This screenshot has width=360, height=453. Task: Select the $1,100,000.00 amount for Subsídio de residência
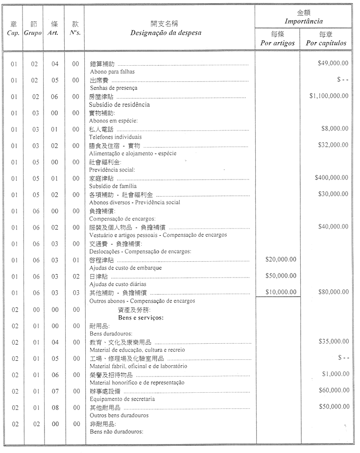pos(329,96)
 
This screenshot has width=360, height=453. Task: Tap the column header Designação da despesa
pos(166,33)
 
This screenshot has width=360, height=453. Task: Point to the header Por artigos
pos(277,43)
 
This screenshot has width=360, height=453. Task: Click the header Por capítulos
pos(326,43)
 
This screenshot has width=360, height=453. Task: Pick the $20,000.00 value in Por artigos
pos(281,259)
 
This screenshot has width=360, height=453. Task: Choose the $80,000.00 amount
pos(333,292)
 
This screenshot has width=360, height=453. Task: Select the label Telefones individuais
pos(116,137)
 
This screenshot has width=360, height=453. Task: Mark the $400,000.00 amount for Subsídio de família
pos(332,177)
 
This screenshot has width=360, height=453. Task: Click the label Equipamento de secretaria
pos(122,399)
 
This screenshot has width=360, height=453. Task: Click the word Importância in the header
pos(304,22)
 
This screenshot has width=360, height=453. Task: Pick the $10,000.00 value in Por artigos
pos(281,292)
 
